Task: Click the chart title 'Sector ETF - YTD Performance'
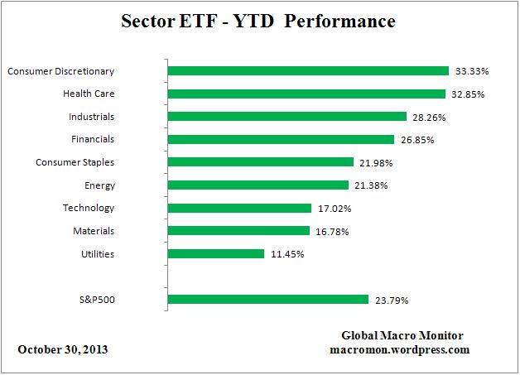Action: [259, 21]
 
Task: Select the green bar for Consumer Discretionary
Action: [308, 71]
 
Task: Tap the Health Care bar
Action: [306, 94]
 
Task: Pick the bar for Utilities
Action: [216, 253]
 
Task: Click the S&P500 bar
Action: [268, 299]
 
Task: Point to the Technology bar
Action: [239, 208]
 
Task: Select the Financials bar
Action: [281, 139]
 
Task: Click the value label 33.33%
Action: [469, 71]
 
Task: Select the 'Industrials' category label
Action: [91, 117]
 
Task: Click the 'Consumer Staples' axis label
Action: [75, 162]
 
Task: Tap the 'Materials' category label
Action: [93, 231]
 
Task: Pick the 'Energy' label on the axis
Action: [99, 185]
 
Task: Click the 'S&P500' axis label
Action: [95, 299]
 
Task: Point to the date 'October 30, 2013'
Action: [63, 349]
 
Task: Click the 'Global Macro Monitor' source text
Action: [402, 335]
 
